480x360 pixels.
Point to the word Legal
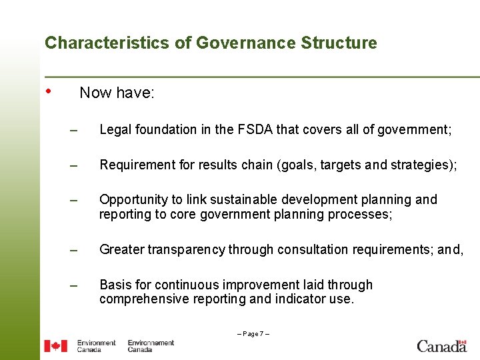tap(115, 130)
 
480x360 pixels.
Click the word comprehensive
tap(143, 299)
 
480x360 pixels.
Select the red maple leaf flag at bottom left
tap(56, 346)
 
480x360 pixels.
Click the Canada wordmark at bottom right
tap(441, 345)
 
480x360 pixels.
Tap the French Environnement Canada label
tap(151, 346)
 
